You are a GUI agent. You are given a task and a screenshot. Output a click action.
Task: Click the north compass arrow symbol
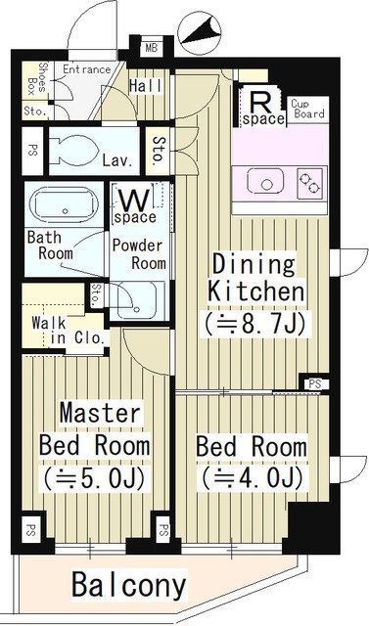tap(200, 33)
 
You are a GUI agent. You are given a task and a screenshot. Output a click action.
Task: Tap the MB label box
tap(152, 48)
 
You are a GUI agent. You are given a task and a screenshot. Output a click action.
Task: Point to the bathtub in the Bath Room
tap(65, 204)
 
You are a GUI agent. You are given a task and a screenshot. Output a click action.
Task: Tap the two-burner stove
tap(310, 183)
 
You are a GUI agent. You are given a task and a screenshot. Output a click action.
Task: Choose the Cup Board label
tap(307, 109)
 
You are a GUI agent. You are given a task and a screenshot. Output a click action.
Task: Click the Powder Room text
tap(139, 254)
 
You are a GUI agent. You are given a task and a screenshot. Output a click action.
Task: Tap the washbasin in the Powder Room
tap(135, 300)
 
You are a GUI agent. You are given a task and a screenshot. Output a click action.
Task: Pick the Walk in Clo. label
tap(68, 330)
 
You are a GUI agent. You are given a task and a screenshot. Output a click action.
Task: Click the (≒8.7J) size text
tap(255, 323)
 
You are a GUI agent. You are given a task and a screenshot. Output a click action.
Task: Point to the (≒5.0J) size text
tap(94, 478)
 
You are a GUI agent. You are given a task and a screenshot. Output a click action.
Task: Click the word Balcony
tap(129, 585)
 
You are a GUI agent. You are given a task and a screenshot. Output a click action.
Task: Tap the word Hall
tap(146, 86)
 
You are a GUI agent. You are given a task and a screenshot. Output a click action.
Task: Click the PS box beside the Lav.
tap(32, 151)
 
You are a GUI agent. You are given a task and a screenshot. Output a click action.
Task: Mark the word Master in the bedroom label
tap(100, 413)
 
